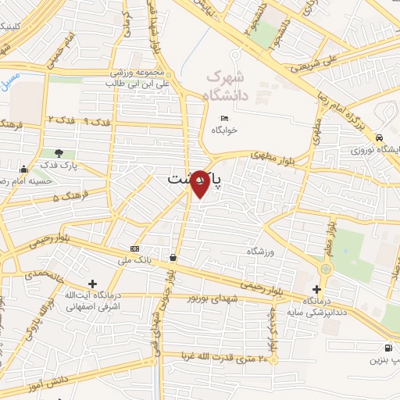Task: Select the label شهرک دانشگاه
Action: pos(225,87)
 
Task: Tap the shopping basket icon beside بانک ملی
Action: pos(172,257)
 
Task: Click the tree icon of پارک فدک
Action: pos(59,152)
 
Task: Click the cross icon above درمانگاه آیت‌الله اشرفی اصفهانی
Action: pos(93,284)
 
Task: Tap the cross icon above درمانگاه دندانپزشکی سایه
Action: pos(316,288)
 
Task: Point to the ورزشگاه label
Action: pos(263,252)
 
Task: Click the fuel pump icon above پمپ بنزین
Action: pos(386,348)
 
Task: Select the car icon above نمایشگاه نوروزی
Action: pos(378,134)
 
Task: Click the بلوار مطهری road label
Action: pos(271,154)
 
